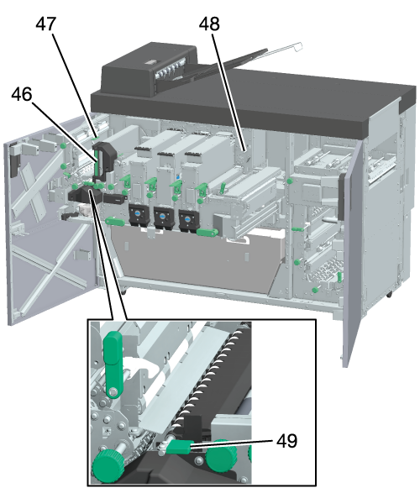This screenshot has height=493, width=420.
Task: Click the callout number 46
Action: point(22,94)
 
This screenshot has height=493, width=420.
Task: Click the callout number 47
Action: point(46,24)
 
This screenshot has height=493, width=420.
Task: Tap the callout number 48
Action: point(209,24)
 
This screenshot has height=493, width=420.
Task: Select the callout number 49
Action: point(286,440)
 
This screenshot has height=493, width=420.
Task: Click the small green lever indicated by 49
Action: point(180,447)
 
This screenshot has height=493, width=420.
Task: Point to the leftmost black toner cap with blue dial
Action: point(139,215)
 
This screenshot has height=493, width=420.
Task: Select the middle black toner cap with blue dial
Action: point(164,218)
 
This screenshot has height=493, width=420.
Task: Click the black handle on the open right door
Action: point(341,197)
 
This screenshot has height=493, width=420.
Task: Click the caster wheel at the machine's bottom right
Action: point(389,295)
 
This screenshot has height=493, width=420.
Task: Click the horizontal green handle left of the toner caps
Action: point(116,221)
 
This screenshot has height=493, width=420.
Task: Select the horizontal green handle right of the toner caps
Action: point(207,233)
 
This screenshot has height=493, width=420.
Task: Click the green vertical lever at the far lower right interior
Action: point(339,277)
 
